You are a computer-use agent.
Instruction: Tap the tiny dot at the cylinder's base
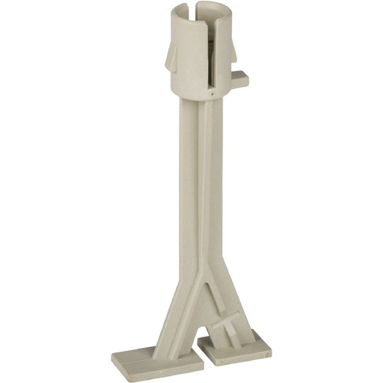211,96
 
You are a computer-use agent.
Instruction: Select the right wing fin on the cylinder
231,55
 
